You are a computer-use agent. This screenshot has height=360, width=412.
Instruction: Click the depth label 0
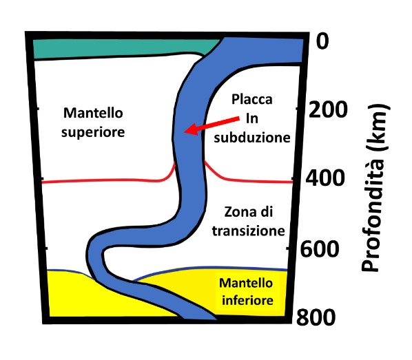tap(322, 41)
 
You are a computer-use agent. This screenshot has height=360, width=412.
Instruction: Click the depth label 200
tap(328, 109)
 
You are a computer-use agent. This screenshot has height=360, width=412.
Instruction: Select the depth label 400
tap(325, 178)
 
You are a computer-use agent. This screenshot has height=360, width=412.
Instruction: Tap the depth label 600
tap(320, 248)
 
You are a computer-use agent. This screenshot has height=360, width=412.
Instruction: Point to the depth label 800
tap(316, 317)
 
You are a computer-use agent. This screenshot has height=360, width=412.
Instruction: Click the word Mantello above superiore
tap(93, 113)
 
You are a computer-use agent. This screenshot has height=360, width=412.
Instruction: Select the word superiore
tap(93, 132)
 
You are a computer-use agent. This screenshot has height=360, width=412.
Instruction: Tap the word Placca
tap(251, 99)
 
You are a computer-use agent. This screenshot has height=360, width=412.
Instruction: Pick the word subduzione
tap(252, 137)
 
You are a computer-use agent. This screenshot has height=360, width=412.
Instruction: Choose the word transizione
tap(249, 231)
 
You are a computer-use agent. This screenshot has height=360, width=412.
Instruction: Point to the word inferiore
tap(247, 300)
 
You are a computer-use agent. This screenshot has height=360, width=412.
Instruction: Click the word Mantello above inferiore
tap(246, 283)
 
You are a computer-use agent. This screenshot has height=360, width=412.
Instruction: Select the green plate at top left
tap(123, 49)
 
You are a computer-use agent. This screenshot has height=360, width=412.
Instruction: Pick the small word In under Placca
tap(252, 118)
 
